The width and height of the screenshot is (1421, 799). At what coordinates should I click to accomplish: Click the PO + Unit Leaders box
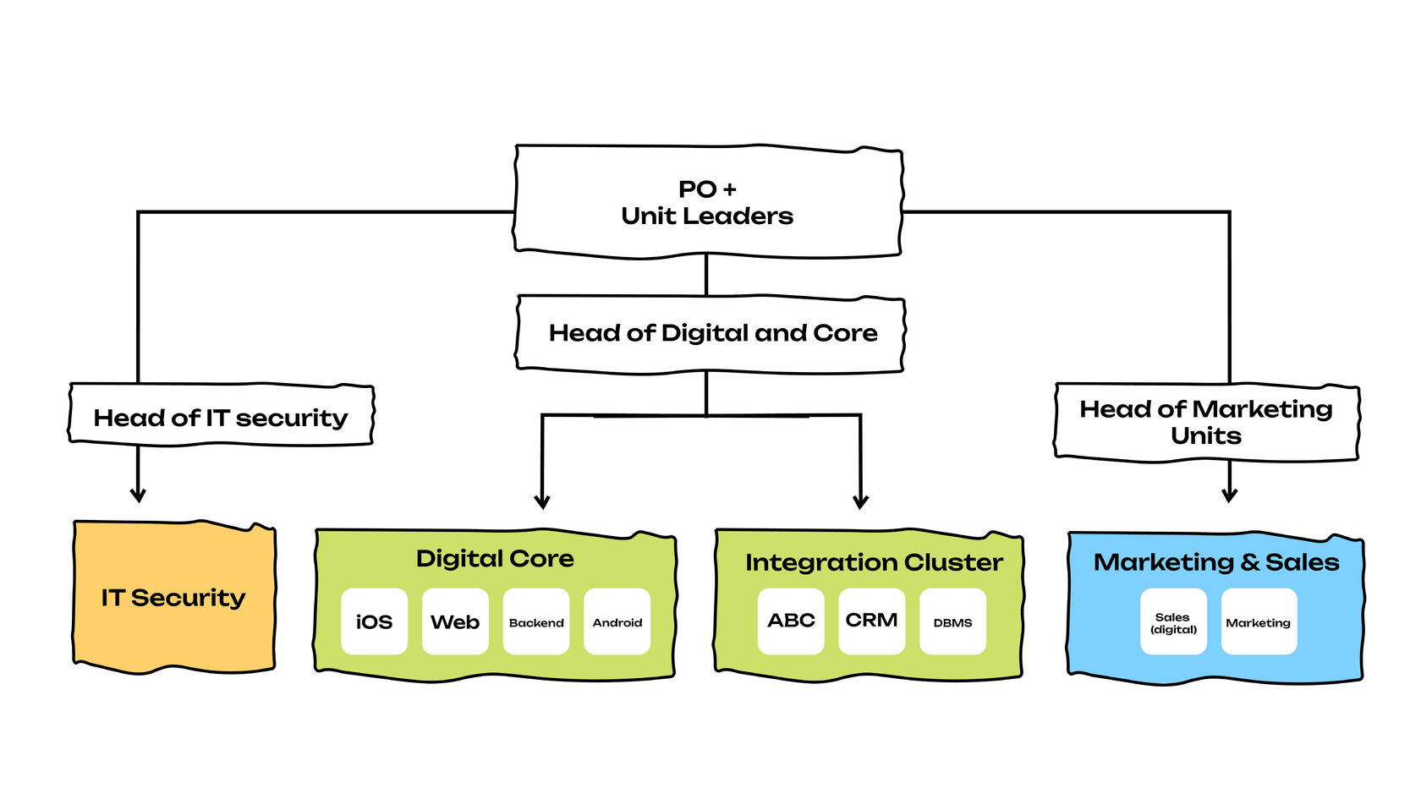pos(708,202)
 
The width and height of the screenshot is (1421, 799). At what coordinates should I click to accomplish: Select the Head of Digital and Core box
pos(710,333)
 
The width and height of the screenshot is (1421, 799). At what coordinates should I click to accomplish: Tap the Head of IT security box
pos(221,415)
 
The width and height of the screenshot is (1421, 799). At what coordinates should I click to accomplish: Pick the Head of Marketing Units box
pos(1206,422)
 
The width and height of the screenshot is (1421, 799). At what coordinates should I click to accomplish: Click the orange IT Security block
pos(174,597)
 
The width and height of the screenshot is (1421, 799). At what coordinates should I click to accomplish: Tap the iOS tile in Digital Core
pos(374,621)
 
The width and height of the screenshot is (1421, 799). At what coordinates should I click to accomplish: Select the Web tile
pos(455,621)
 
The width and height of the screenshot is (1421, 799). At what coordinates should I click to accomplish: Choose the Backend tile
pos(536,621)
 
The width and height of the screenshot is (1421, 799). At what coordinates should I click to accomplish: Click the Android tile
pos(617,621)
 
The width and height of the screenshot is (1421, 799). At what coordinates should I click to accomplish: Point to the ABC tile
pos(791,621)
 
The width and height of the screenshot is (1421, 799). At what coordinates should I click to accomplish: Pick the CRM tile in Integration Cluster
pos(872,621)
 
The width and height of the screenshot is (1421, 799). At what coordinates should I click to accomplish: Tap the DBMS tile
pos(952,621)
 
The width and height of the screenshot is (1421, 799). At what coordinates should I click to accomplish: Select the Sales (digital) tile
pos(1173,621)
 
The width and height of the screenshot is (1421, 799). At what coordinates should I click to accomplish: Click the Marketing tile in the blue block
pos(1259,621)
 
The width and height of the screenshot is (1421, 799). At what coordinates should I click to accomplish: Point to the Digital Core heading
pos(495,559)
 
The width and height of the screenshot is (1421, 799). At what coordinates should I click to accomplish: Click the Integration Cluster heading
pos(874,562)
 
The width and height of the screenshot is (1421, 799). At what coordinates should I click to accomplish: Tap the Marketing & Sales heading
pos(1216,562)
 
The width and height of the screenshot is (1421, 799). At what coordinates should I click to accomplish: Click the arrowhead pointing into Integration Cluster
pos(861,501)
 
